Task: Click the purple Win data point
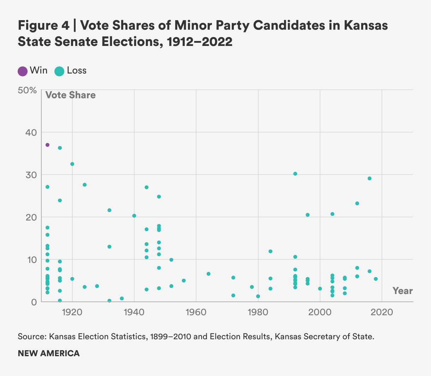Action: pyautogui.click(x=47, y=145)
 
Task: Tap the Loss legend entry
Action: pyautogui.click(x=70, y=71)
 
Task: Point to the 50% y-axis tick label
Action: pyautogui.click(x=27, y=90)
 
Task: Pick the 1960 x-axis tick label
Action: pyautogui.click(x=196, y=312)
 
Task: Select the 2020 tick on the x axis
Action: pyautogui.click(x=382, y=312)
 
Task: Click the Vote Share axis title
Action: pyautogui.click(x=70, y=95)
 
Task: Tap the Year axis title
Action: pyautogui.click(x=402, y=291)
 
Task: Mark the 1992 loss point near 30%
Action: pyautogui.click(x=295, y=174)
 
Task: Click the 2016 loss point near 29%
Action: pyautogui.click(x=370, y=178)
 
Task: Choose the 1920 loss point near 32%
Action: pyautogui.click(x=72, y=164)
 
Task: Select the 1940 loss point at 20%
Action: pyautogui.click(x=134, y=216)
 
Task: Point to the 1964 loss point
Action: pyautogui.click(x=208, y=274)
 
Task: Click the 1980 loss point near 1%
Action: pyautogui.click(x=258, y=296)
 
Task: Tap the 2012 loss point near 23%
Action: pyautogui.click(x=357, y=204)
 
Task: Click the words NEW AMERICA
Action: pyautogui.click(x=49, y=353)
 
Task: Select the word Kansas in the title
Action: pyautogui.click(x=366, y=26)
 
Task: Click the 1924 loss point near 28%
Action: pyautogui.click(x=85, y=185)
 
